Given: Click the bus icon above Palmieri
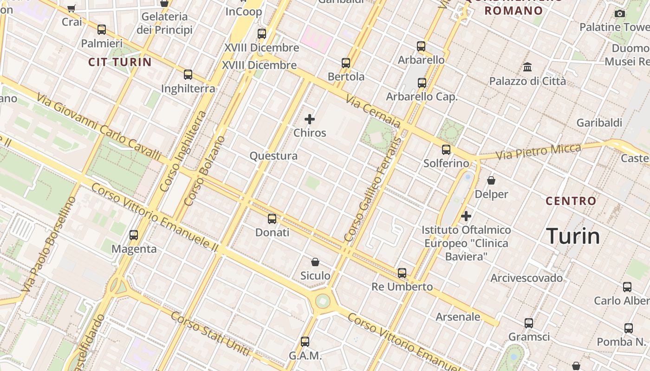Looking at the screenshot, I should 102,30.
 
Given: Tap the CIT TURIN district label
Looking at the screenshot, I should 120,62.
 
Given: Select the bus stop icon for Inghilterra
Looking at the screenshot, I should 188,74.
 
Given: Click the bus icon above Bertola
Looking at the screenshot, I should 346,63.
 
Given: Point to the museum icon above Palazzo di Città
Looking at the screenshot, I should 527,67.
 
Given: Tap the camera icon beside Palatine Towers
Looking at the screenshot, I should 619,13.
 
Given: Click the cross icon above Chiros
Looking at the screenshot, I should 310,119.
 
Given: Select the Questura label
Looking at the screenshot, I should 273,156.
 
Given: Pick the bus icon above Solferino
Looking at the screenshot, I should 446,149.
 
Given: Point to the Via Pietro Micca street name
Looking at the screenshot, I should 538,151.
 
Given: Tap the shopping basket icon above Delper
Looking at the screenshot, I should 491,180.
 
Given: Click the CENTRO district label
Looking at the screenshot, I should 571,201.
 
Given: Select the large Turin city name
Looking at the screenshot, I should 573,236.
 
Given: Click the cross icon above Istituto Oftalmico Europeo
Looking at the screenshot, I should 466,216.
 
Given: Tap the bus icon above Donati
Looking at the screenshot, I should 272,218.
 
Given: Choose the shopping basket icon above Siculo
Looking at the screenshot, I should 315,262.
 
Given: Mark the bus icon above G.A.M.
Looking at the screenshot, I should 305,342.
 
